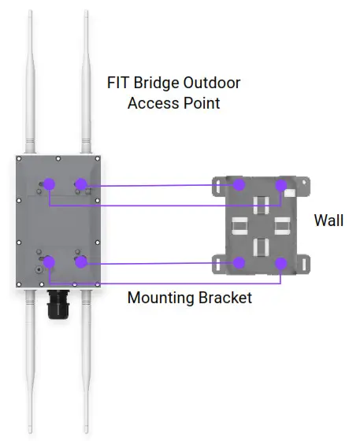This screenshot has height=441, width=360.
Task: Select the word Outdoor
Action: [213, 83]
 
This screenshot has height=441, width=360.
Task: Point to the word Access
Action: [153, 103]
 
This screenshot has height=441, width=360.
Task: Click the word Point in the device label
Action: [202, 103]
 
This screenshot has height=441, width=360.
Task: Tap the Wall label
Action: [328, 220]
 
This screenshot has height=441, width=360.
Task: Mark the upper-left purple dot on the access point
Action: [49, 184]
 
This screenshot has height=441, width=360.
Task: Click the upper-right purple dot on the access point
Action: [80, 184]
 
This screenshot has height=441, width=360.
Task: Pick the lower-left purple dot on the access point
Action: [49, 261]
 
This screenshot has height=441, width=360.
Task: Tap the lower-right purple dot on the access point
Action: [80, 261]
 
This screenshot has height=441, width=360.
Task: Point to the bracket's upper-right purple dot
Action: [280, 185]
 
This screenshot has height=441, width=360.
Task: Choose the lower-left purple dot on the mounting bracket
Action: [240, 262]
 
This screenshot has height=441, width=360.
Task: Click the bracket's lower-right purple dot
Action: [280, 262]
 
